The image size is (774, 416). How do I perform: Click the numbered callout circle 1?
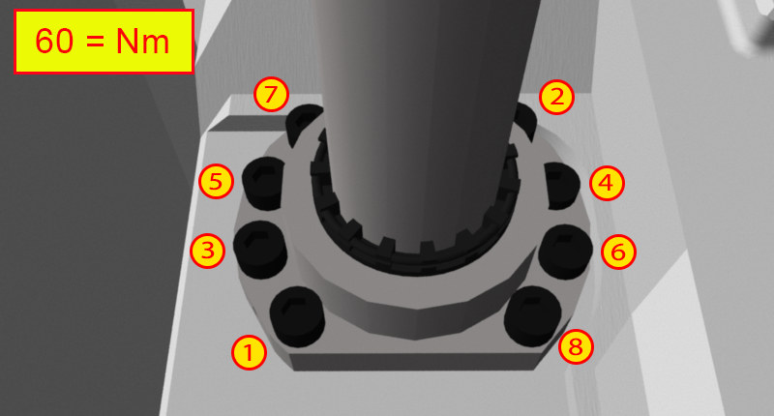250,352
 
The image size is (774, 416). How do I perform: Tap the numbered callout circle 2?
557,97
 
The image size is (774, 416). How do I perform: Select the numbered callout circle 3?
208,251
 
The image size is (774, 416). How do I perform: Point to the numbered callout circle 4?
608,183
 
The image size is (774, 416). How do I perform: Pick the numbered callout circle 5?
216,181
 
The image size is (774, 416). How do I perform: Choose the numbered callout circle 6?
618,252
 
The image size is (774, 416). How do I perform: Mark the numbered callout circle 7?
272,94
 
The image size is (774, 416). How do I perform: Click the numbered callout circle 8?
576,346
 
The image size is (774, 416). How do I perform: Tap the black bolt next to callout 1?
297,316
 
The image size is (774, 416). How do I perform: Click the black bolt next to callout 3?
260,250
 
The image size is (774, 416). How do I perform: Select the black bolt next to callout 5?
263,184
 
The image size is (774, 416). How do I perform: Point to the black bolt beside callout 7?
304,125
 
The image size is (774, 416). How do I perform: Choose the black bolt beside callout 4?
562,186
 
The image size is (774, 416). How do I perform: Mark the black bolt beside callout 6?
565,252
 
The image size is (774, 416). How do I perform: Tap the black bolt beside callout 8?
533,316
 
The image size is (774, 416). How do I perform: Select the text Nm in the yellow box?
143,41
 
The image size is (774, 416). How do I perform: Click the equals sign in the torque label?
95,42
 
